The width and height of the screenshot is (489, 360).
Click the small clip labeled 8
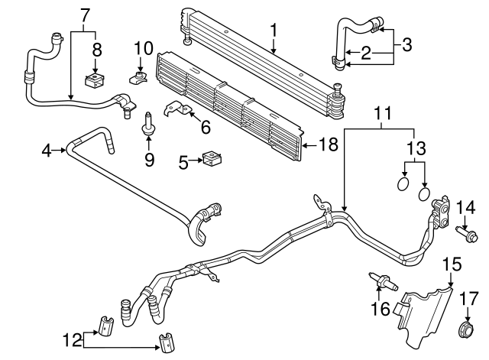pos(96,79)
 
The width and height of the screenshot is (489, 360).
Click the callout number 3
pos(406,44)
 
